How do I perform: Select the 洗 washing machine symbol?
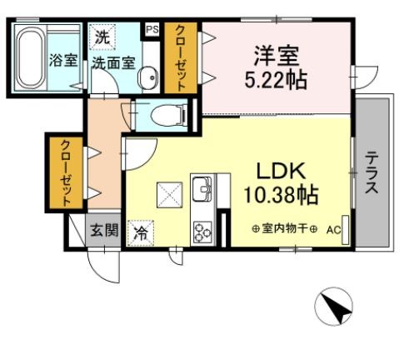coord(101,37)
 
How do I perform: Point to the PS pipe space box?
coord(152,29)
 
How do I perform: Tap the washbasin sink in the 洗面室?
coord(148,77)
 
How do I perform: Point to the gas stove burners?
coord(202,231)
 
